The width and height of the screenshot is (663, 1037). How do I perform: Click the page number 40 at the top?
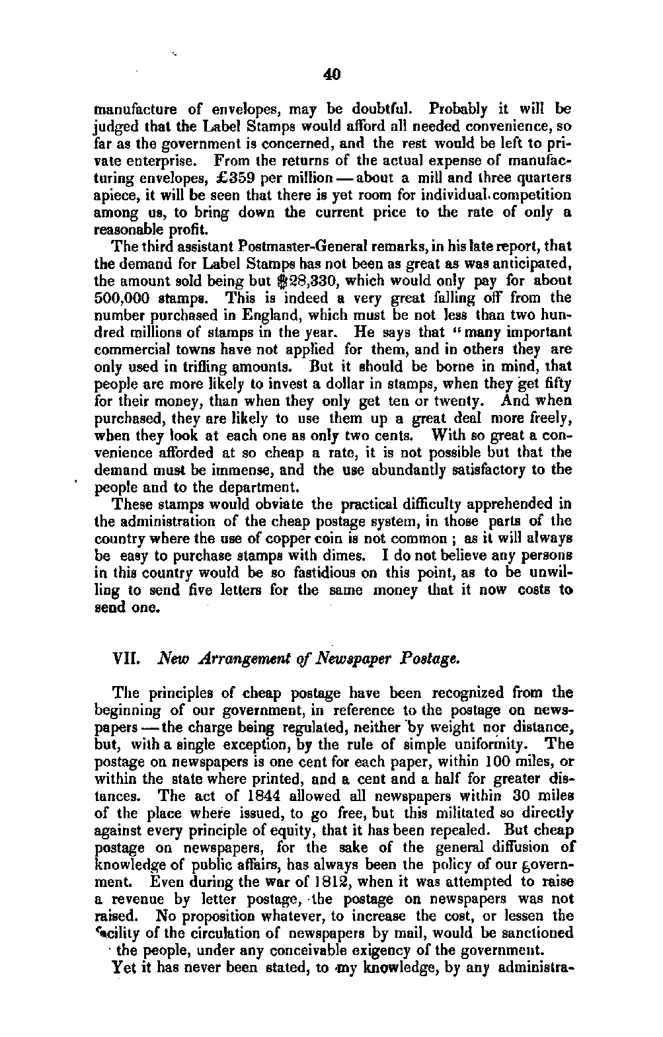(332, 75)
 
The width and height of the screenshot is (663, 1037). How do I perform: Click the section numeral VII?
(125, 659)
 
